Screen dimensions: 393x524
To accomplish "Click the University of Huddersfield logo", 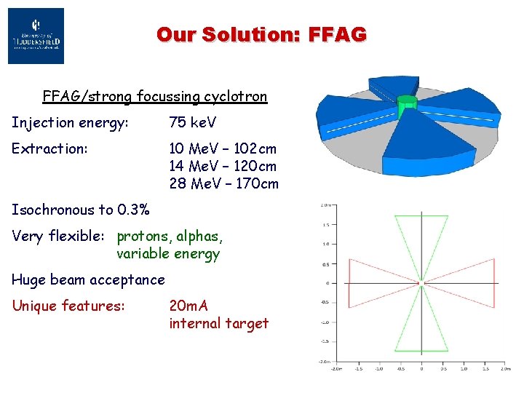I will click(x=36, y=36).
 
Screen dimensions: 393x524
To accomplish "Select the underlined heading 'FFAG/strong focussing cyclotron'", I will click(x=154, y=96).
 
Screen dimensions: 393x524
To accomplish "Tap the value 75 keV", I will click(x=193, y=122).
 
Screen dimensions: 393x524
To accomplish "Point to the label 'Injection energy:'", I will click(x=70, y=122).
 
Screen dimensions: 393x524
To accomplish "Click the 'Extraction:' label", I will click(x=49, y=148).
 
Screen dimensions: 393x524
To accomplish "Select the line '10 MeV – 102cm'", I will click(x=223, y=148).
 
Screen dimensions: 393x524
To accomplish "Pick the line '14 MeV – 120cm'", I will click(x=223, y=166).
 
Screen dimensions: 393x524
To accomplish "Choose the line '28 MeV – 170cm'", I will click(x=223, y=183).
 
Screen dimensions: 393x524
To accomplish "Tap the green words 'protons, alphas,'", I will click(x=170, y=236).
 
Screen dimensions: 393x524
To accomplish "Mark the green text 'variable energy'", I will click(x=167, y=253).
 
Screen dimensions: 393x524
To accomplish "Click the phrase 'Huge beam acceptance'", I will click(x=88, y=279).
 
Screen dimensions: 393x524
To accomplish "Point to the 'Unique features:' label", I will click(x=68, y=306).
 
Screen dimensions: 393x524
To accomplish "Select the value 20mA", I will click(x=188, y=306).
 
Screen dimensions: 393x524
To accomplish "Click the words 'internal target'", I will click(x=218, y=323).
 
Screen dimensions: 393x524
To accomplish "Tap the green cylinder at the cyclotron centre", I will click(x=407, y=108).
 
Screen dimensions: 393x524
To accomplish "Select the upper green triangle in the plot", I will click(x=421, y=240).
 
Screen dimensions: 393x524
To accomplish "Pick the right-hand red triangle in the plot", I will click(x=466, y=282).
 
